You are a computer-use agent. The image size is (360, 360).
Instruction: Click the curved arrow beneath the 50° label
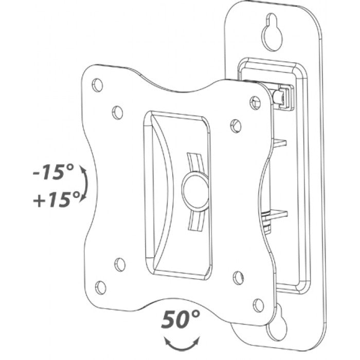tap(181, 343)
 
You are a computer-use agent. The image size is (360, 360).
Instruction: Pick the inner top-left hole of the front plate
tap(118, 111)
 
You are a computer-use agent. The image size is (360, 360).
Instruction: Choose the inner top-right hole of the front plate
tap(236, 125)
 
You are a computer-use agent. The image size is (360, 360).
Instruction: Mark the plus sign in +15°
tap(38, 197)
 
